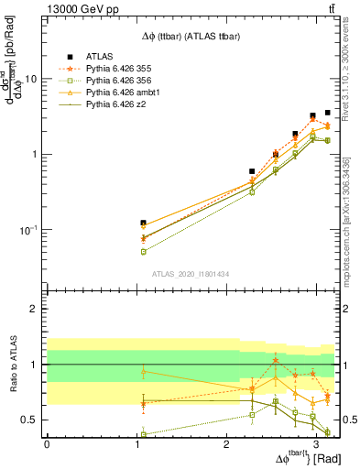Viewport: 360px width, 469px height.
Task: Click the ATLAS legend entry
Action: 99,56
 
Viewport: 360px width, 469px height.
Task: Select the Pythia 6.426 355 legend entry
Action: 117,69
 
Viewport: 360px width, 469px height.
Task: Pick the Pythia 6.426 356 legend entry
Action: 117,82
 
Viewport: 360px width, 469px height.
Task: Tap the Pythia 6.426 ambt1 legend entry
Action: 119,94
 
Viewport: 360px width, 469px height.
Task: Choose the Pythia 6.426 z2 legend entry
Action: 114,107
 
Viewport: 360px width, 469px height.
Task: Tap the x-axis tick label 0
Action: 46,444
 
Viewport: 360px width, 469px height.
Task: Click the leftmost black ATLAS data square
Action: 143,223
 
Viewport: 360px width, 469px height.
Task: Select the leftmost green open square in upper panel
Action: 143,251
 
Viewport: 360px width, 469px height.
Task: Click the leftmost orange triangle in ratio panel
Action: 143,371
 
